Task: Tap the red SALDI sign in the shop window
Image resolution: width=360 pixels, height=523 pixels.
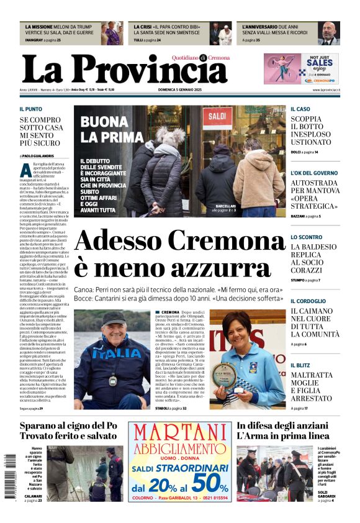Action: tap(217, 116)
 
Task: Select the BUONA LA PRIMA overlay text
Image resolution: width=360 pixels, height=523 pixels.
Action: tap(112, 129)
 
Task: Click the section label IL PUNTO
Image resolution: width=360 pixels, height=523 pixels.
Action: tap(30, 109)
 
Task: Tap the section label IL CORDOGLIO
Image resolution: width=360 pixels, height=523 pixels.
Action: tap(308, 301)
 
